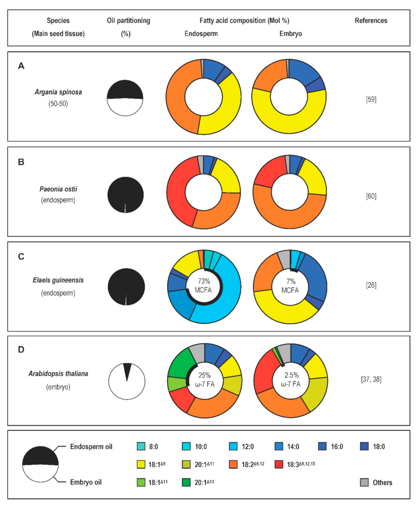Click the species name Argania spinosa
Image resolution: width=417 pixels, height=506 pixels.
click(x=58, y=92)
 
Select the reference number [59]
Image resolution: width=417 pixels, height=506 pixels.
click(x=371, y=100)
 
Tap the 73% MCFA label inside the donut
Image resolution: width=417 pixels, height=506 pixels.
click(x=204, y=286)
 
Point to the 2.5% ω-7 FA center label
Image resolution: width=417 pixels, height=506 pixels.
click(x=291, y=380)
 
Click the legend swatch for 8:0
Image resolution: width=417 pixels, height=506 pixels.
click(x=141, y=446)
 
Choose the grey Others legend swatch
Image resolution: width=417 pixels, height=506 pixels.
click(x=364, y=482)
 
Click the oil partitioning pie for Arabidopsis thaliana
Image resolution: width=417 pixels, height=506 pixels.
click(x=127, y=381)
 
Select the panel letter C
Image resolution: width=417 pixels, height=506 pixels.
click(x=21, y=257)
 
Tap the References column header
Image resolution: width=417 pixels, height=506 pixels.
click(x=371, y=20)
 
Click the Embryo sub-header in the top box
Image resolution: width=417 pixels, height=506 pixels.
click(x=291, y=34)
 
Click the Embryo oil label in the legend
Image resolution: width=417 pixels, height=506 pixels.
click(x=86, y=482)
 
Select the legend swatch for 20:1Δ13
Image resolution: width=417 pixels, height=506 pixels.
click(x=186, y=482)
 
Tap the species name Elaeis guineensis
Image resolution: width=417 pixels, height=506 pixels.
click(x=58, y=280)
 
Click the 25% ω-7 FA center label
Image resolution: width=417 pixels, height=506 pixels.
click(x=205, y=380)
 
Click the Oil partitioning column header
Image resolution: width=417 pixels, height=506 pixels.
click(x=128, y=20)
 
